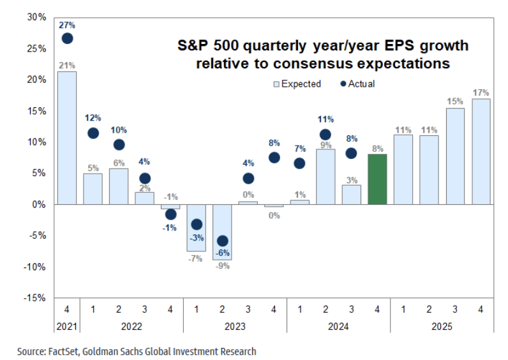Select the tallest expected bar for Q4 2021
coord(67,138)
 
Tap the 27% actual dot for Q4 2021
coord(67,38)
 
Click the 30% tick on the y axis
coord(37,17)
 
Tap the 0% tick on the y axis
coord(39,205)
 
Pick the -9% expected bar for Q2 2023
coord(221,232)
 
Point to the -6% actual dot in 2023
coord(221,241)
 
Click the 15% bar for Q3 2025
coord(454,156)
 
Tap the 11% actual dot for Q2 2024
coord(325,135)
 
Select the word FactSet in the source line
coord(61,351)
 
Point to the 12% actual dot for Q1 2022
coord(93,133)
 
